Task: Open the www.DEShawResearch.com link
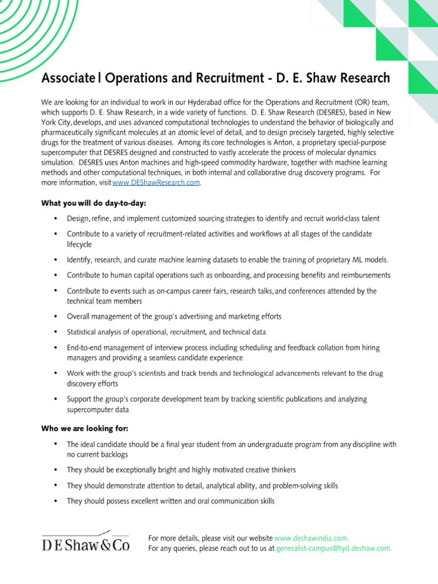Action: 156,183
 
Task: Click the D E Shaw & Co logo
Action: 86,544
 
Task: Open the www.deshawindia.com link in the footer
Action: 311,538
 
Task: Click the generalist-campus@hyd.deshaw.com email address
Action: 334,548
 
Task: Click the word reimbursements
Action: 362,275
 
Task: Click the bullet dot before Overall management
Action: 55,316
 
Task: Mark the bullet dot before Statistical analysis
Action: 55,331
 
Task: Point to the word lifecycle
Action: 79,244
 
